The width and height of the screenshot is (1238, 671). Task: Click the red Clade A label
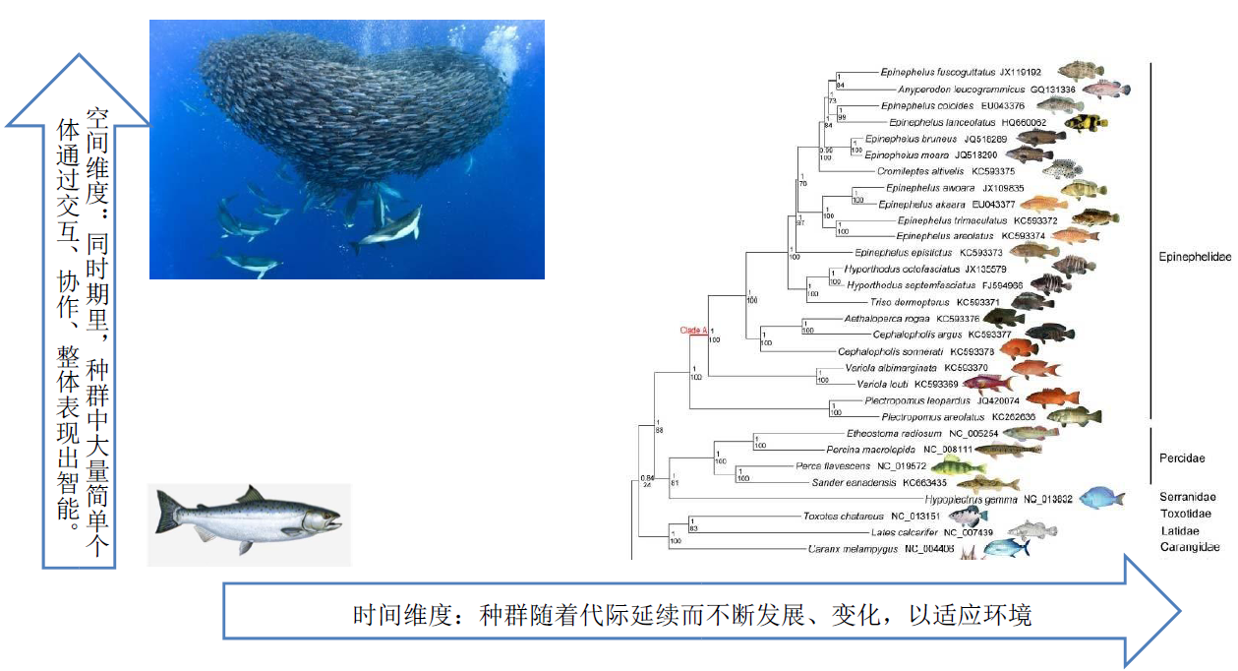(693, 331)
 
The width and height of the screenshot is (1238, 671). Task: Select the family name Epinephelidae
(1194, 256)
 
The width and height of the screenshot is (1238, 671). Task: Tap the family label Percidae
(1182, 457)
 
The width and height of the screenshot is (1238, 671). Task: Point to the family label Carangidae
(1189, 547)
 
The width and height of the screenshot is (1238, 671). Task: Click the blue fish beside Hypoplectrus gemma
(1100, 498)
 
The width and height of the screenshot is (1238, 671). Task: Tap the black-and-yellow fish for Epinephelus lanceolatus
(1087, 122)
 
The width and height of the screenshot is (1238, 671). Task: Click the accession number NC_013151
(915, 516)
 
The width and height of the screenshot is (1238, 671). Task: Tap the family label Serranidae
(1187, 497)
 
